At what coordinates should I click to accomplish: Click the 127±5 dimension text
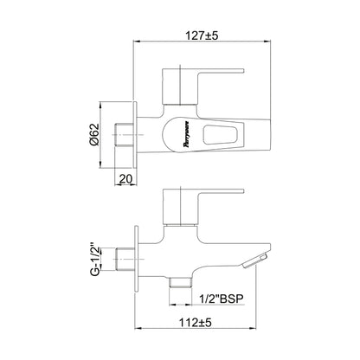click(x=202, y=35)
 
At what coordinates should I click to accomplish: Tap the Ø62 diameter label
click(x=94, y=135)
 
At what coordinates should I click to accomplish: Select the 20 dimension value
click(x=125, y=178)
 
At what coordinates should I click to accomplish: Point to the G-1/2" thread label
click(x=95, y=260)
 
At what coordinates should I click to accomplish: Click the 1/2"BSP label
click(x=222, y=299)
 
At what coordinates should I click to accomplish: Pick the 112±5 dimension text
click(x=196, y=322)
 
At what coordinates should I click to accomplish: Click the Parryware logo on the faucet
click(x=187, y=134)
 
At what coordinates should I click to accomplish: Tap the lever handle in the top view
click(x=203, y=86)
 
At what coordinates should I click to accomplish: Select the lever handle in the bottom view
click(x=203, y=207)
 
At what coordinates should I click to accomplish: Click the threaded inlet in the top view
click(x=125, y=135)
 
